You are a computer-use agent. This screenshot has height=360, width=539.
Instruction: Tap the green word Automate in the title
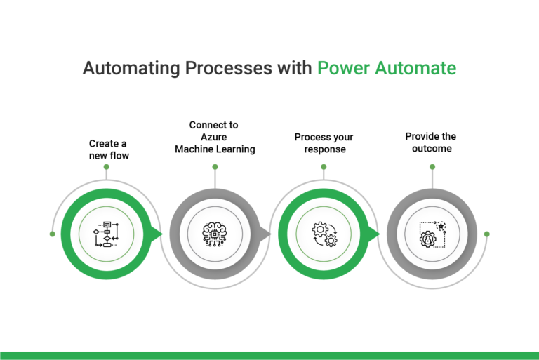click(417, 68)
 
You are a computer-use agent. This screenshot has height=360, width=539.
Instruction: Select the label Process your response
click(324, 143)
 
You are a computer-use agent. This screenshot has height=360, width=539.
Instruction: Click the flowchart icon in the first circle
click(106, 234)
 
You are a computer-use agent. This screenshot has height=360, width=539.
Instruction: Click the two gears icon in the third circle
click(324, 234)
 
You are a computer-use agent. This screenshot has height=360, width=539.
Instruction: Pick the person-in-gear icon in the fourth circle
click(432, 234)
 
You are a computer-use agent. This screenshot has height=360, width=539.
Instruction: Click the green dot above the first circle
click(106, 167)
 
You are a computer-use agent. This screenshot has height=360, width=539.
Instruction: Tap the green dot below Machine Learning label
click(215, 167)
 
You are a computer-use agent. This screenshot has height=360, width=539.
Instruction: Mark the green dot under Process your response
click(324, 167)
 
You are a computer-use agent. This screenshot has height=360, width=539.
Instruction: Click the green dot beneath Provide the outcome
click(432, 167)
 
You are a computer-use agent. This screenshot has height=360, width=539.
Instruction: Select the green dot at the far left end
click(52, 234)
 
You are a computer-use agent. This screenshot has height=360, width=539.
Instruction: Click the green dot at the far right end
click(486, 234)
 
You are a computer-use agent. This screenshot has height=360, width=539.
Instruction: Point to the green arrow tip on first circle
click(159, 234)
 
